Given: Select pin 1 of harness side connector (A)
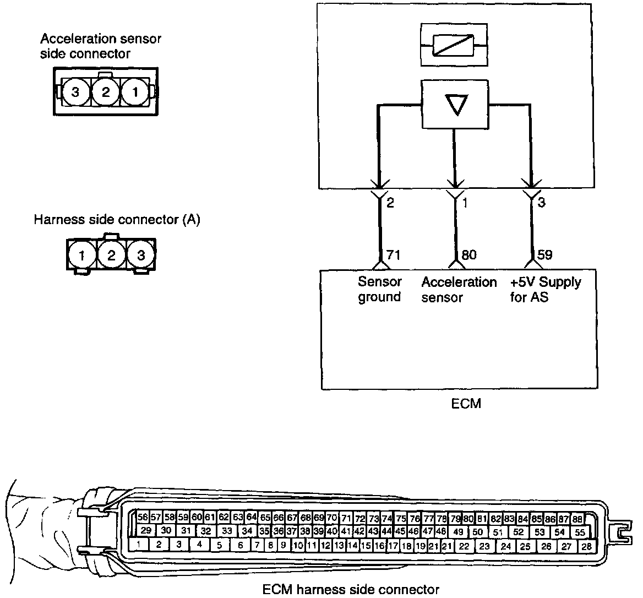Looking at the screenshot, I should (x=81, y=255).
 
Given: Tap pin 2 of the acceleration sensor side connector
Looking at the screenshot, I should (x=105, y=93).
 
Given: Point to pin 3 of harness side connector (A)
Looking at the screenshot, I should (x=141, y=255).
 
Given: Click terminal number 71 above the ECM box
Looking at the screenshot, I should (x=393, y=255).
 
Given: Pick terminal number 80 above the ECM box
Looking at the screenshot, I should (x=469, y=255).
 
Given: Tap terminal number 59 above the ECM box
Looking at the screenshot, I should (x=545, y=255).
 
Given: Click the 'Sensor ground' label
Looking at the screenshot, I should (x=380, y=290).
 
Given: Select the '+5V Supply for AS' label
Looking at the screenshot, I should (x=545, y=290).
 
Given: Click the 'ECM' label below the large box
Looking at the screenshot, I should (x=466, y=404).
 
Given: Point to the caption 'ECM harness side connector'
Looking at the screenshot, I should (x=351, y=590).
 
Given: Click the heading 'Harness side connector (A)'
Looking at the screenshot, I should (x=117, y=220).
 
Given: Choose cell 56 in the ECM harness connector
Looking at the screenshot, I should (x=143, y=518).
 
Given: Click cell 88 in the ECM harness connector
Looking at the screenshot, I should (x=577, y=519).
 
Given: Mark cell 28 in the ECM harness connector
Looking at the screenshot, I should (x=586, y=546).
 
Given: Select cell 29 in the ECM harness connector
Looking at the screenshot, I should (x=146, y=531).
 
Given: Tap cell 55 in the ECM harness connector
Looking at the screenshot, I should (x=580, y=532).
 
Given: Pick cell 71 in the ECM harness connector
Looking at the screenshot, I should (x=346, y=518).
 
